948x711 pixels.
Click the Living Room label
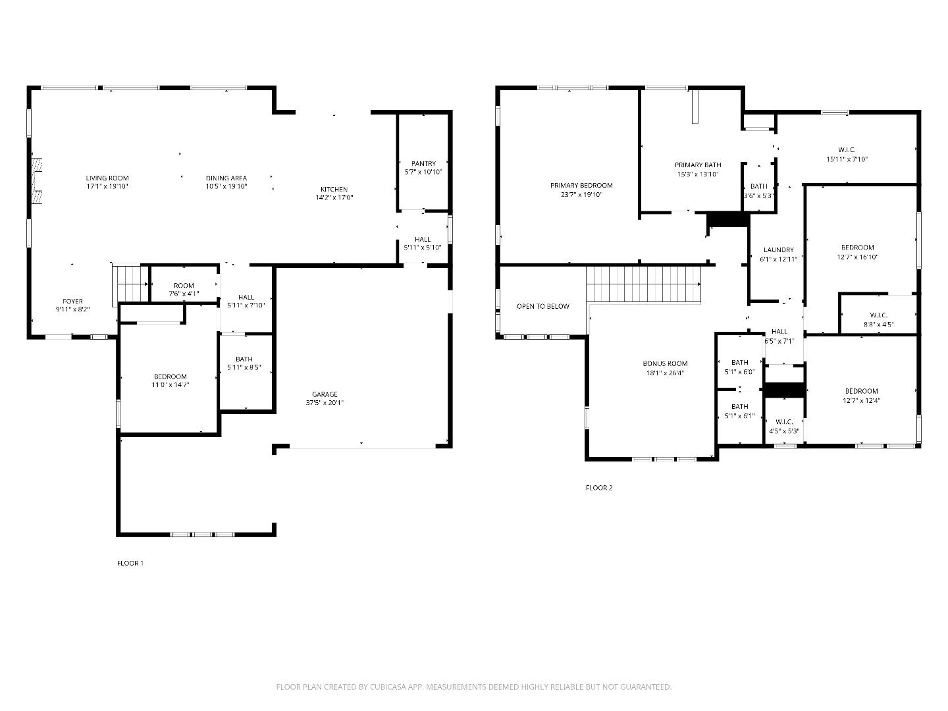click(107, 178)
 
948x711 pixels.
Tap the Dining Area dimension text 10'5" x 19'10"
click(226, 186)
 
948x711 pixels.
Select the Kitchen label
click(334, 190)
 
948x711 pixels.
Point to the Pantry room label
click(423, 164)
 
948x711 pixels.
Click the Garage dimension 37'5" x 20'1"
click(325, 402)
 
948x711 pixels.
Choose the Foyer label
click(72, 301)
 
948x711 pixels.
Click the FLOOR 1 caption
click(130, 563)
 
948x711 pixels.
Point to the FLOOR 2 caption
click(599, 488)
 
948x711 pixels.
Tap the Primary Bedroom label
click(581, 186)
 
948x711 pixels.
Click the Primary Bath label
click(697, 165)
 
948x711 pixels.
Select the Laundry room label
click(778, 250)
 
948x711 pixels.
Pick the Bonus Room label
click(665, 363)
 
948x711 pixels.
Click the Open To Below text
click(542, 306)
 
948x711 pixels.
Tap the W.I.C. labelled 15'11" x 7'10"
click(847, 154)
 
